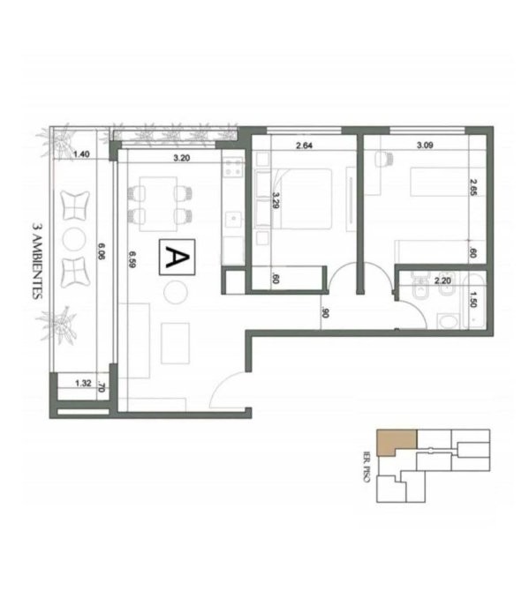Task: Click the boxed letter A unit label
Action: pyautogui.click(x=177, y=257)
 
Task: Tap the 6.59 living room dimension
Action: pyautogui.click(x=132, y=259)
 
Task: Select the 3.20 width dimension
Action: pyautogui.click(x=182, y=158)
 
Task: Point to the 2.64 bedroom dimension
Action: pyautogui.click(x=304, y=146)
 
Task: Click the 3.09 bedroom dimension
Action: pyautogui.click(x=425, y=145)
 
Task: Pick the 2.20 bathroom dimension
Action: pyautogui.click(x=442, y=281)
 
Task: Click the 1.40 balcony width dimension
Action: pyautogui.click(x=81, y=153)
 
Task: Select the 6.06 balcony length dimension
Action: pyautogui.click(x=102, y=251)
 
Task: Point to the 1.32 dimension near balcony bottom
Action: pyautogui.click(x=83, y=384)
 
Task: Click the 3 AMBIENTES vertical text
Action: pyautogui.click(x=37, y=261)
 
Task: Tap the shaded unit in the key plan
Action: pyautogui.click(x=397, y=442)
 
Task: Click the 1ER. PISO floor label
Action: pyautogui.click(x=366, y=467)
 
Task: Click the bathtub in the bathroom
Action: pyautogui.click(x=474, y=301)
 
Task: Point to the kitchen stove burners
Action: pyautogui.click(x=233, y=168)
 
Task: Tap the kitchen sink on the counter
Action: pyautogui.click(x=234, y=220)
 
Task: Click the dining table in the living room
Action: pyautogui.click(x=158, y=204)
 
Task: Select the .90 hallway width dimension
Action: pyautogui.click(x=325, y=312)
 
